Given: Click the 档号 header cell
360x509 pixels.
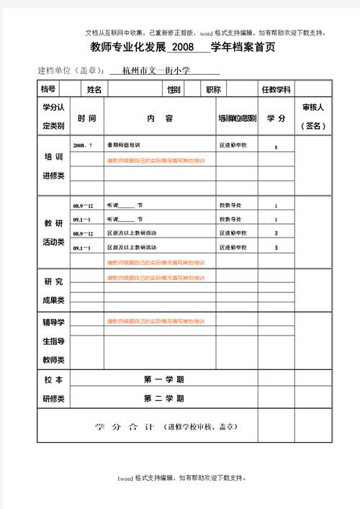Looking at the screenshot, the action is (48, 89).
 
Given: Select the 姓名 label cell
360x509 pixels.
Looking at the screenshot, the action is (94, 89).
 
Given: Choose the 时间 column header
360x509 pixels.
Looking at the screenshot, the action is (87, 118).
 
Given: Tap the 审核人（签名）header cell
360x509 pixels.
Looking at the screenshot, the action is (314, 116).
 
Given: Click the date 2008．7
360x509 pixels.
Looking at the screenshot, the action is (82, 145).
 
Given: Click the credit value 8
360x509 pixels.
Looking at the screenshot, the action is (276, 147).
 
